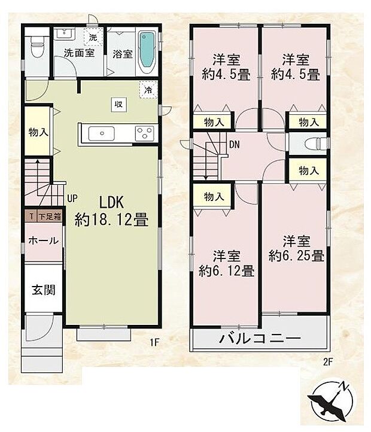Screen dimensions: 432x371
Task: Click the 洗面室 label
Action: (x=79, y=53)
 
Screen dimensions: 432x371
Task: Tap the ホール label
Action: (x=44, y=241)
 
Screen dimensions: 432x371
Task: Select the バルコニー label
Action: (x=259, y=338)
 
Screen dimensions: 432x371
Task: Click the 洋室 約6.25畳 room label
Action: (x=296, y=249)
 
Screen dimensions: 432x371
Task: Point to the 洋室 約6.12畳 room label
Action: (x=227, y=264)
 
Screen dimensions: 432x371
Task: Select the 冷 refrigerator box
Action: (x=147, y=90)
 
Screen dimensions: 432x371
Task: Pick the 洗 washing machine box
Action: (x=93, y=38)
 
